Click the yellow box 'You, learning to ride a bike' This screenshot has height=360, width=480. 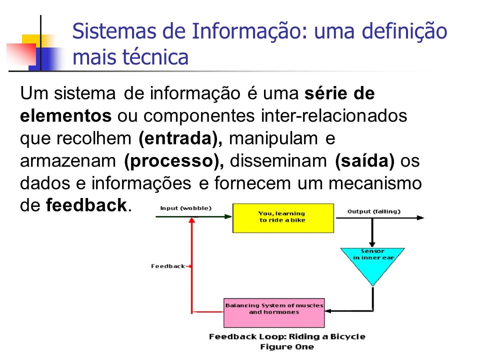click(283, 218)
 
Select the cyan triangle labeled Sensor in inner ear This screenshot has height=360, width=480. click(372, 263)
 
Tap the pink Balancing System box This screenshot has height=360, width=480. click(274, 313)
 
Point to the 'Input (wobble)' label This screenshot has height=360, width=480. click(186, 208)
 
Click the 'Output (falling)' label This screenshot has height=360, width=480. click(374, 211)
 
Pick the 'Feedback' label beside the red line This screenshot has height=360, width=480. click(168, 266)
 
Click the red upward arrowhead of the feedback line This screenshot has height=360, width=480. click(192, 220)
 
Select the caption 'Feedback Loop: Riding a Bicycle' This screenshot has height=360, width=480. click(287, 336)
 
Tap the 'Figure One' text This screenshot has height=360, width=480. click(287, 347)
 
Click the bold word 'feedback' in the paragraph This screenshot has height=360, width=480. click(86, 205)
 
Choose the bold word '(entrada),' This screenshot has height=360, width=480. click(180, 138)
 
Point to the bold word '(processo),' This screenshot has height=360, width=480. click(174, 161)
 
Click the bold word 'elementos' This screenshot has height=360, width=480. click(66, 116)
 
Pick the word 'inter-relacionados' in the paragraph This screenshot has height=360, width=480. click(334, 116)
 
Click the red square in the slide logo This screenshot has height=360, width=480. click(21, 54)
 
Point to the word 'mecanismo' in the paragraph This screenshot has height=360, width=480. click(375, 183)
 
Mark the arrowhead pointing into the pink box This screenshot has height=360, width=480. click(328, 311)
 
